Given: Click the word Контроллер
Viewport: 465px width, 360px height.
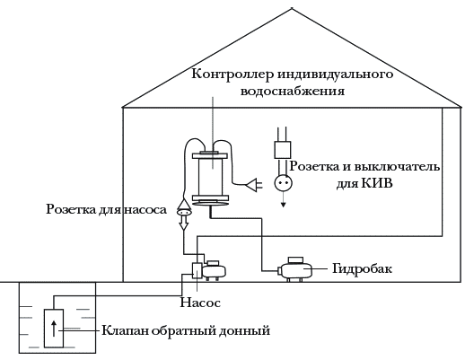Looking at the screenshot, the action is click(232, 74).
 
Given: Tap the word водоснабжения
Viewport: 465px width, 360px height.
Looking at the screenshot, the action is click(293, 91).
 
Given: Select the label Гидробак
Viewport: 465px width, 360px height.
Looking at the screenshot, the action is click(362, 269).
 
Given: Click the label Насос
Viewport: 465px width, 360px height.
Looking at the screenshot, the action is click(200, 303).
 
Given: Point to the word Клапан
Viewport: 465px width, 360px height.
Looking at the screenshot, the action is click(125, 330).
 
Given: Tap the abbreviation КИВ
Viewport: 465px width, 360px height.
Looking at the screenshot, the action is click(376, 182).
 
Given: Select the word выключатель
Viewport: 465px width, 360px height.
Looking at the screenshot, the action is click(397, 166).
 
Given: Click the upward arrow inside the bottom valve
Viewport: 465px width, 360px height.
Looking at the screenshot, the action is click(54, 329).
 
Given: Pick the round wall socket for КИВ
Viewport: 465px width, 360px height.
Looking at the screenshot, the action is click(283, 183).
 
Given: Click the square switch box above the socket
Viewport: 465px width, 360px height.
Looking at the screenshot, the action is click(283, 150).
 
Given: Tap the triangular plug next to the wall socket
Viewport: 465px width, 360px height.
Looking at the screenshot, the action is click(253, 185).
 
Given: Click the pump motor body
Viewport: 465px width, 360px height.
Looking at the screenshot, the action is click(214, 270).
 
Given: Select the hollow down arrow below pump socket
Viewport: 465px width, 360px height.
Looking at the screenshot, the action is click(184, 223).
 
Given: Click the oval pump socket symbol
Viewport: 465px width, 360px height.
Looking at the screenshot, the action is click(184, 212).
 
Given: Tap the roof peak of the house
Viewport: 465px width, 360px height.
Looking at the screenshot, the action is click(292, 8).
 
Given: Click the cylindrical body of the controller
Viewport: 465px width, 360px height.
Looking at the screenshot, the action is click(211, 177).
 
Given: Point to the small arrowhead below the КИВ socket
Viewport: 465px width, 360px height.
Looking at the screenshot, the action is click(283, 205).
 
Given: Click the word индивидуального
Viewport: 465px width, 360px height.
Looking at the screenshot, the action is click(335, 75).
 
